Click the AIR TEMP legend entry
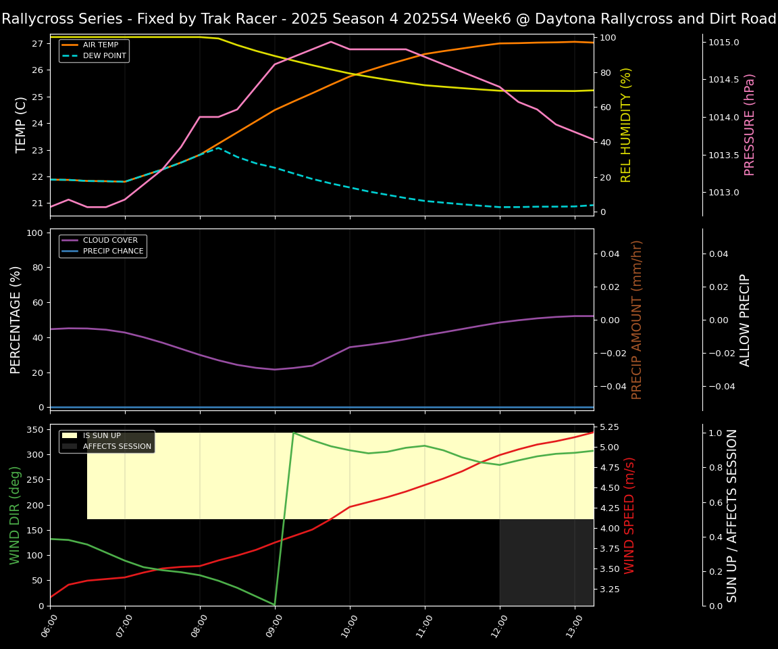99,45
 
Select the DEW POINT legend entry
104,55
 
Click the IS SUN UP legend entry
102,435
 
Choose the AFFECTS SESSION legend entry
117,446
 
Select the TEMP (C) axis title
21,124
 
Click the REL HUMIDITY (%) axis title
626,124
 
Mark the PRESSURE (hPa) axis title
750,124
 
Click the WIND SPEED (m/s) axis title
629,515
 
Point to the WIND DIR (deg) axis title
15,515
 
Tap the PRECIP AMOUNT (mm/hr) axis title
637,319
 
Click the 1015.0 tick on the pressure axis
723,43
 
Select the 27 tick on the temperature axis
38,44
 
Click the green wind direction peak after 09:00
293,432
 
